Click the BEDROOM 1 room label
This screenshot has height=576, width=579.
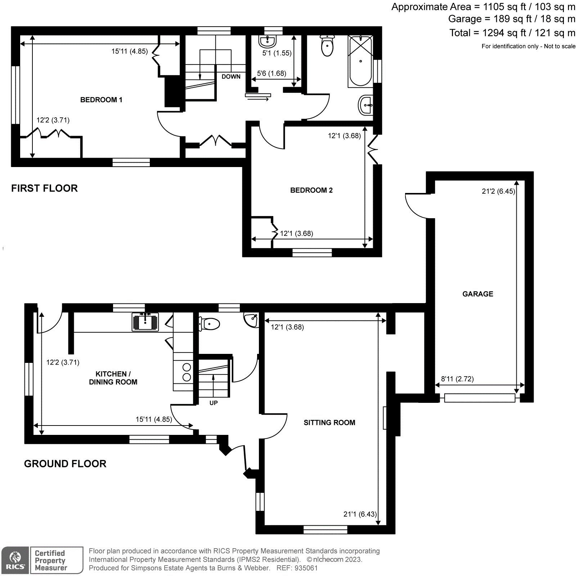[101, 100]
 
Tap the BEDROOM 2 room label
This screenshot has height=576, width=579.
[311, 190]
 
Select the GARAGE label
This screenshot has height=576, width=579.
[477, 294]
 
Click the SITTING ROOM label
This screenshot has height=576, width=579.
[329, 423]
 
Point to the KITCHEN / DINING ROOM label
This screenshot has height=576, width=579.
[113, 378]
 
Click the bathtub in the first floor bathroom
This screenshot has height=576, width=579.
[360, 61]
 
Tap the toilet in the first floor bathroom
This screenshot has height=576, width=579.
[327, 46]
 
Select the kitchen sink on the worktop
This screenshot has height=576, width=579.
[145, 321]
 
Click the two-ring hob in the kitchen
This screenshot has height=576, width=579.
[187, 372]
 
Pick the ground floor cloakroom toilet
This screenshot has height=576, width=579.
[210, 324]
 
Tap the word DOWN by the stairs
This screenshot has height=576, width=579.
[231, 77]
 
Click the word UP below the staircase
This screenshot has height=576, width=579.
[214, 403]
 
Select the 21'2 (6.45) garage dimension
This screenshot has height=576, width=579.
[498, 192]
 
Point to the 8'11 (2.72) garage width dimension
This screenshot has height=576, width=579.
[457, 379]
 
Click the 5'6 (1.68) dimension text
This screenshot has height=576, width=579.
[271, 73]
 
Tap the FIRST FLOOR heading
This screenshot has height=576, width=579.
[44, 188]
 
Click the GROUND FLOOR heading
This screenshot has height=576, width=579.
[65, 464]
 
